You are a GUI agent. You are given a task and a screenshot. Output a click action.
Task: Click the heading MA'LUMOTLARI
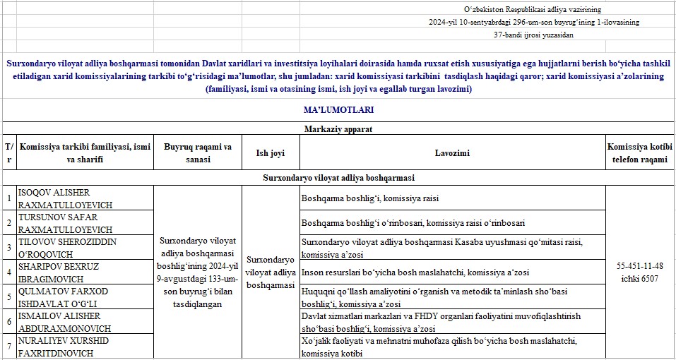(x=338, y=110)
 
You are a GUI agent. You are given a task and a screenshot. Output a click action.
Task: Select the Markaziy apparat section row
(x=338, y=129)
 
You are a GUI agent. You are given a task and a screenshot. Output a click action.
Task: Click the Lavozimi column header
(x=452, y=153)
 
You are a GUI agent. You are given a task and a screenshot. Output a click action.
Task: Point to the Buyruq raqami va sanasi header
(x=198, y=153)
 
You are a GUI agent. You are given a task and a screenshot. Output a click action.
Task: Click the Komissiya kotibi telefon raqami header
(x=640, y=153)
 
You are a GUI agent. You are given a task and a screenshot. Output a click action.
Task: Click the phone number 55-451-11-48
(x=640, y=266)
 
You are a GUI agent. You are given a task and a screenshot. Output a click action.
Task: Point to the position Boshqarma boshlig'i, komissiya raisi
(x=370, y=198)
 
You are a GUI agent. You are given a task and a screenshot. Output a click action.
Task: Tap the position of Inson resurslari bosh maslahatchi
(x=415, y=272)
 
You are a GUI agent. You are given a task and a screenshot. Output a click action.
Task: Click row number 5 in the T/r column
(x=8, y=297)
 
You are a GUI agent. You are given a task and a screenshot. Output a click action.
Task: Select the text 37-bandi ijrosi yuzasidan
(x=533, y=35)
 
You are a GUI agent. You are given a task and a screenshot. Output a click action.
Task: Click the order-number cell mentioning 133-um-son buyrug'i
(x=198, y=272)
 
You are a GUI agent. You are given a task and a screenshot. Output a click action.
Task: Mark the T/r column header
(x=8, y=153)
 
